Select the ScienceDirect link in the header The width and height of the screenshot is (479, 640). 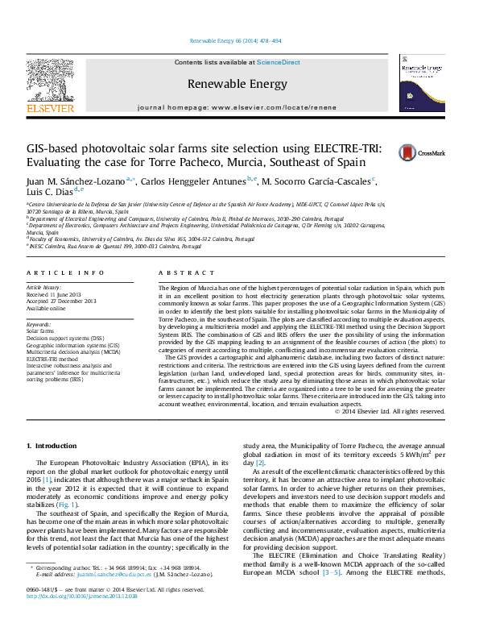279,62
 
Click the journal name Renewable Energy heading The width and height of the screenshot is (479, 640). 237,84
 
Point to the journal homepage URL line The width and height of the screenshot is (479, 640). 237,106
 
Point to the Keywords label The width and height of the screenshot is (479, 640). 39,324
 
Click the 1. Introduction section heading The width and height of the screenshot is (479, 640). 52,445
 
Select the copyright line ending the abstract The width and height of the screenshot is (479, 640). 390,411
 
